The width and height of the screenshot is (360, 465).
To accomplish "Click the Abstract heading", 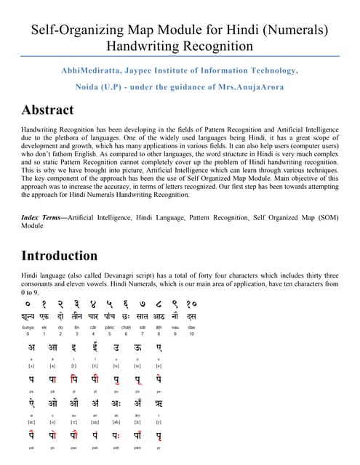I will point(47,110).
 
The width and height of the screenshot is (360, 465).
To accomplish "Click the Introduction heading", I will point(59,255).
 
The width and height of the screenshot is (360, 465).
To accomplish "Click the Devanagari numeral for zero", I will point(27,303).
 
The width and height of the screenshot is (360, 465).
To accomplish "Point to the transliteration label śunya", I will point(28,328).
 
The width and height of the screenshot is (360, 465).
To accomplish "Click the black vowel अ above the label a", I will point(31,348).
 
